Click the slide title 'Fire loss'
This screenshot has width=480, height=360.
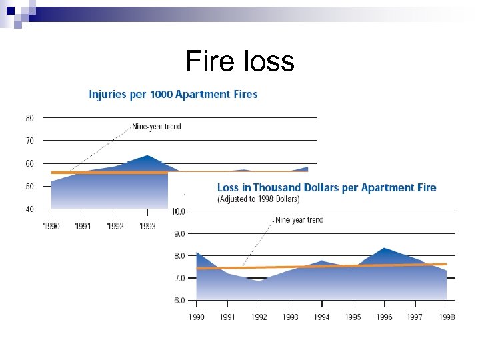[x=239, y=61]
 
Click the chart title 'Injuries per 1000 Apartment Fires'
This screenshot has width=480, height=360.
[x=173, y=94]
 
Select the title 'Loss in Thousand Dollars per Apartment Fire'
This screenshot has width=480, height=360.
[x=327, y=187]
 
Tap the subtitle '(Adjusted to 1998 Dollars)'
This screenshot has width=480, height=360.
[x=259, y=199]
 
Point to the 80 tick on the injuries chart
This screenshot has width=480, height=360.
[x=30, y=118]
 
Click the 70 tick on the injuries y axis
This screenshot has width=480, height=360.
[x=30, y=141]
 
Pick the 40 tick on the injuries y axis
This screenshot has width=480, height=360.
[x=30, y=209]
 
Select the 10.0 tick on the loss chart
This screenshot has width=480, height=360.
[x=179, y=211]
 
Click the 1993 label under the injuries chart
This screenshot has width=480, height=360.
[x=147, y=226]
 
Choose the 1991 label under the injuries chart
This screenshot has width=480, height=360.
[x=83, y=226]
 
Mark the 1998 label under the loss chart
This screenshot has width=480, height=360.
[x=447, y=317]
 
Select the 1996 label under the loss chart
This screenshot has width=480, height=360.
[x=384, y=317]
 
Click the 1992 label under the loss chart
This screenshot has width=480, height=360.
[x=259, y=317]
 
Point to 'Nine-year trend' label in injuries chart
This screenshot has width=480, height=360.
[x=157, y=126]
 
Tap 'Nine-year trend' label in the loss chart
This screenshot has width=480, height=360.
[x=299, y=220]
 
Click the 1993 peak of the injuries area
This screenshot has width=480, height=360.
[x=147, y=156]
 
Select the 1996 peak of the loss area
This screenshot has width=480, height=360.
[x=384, y=249]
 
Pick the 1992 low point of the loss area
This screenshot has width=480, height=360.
[x=259, y=281]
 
